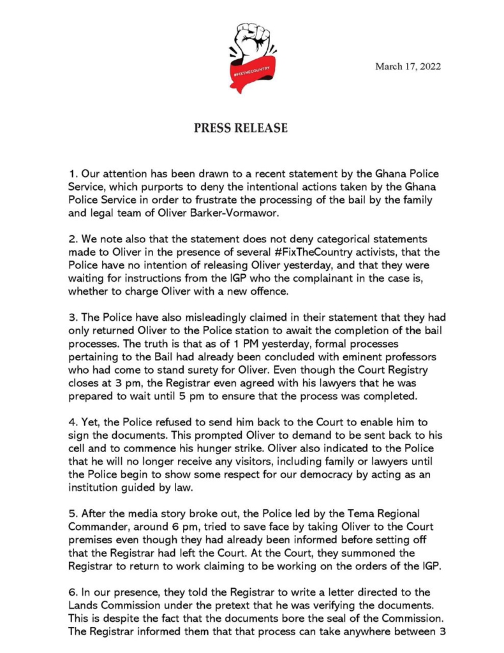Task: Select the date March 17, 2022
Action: click(x=408, y=66)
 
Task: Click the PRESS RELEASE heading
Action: click(x=241, y=128)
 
